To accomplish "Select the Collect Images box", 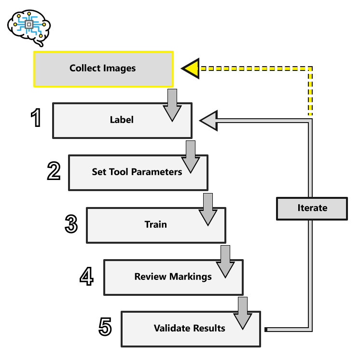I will [x=103, y=69].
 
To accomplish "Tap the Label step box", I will [x=122, y=120].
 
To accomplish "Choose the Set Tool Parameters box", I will [x=138, y=172].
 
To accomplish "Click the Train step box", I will [x=155, y=224].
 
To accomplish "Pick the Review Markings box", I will [x=173, y=277].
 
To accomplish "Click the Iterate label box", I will [x=312, y=208].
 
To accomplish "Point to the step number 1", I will [x=36, y=118].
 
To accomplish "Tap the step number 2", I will [x=54, y=170].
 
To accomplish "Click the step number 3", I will [x=71, y=223].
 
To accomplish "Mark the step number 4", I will [x=87, y=276].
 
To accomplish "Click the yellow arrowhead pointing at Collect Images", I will [x=191, y=69].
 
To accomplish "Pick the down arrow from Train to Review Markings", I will [x=225, y=261].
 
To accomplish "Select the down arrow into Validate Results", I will [x=243, y=313].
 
